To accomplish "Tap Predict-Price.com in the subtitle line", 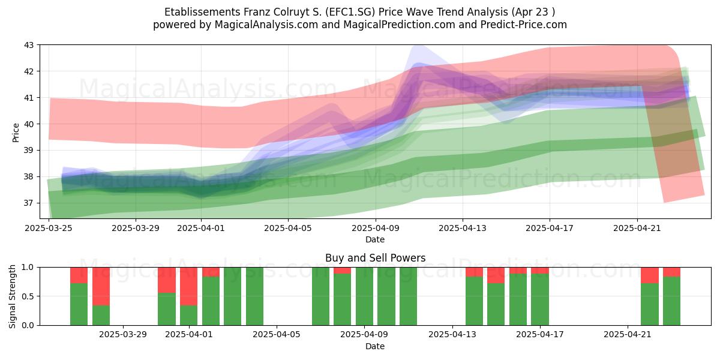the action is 524,25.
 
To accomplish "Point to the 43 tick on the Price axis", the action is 29,45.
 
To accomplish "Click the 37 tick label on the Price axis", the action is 29,203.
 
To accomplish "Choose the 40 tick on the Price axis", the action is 29,124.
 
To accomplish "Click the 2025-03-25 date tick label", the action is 49,228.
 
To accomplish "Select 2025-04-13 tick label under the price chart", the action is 463,228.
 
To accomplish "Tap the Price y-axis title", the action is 16,133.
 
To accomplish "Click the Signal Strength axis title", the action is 12,296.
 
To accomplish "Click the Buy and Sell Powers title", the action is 375,258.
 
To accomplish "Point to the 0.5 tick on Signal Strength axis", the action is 29,296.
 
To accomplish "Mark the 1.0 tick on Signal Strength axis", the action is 29,268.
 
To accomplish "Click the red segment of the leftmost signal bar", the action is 79,275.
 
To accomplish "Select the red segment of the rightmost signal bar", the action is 671,272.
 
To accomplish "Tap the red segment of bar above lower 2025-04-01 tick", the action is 188,286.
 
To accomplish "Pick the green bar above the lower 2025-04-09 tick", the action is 365,296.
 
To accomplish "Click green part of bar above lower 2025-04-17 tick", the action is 539,299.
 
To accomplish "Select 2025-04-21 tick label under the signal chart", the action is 628,335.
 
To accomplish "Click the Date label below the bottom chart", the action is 375,346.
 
